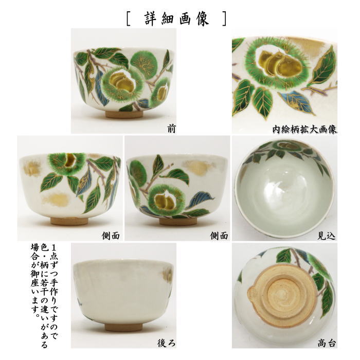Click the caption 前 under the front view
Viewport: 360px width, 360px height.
point(171,129)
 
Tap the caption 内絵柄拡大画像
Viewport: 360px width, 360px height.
point(305,129)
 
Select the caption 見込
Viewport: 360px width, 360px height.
point(327,236)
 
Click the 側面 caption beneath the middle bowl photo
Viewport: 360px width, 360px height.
point(219,236)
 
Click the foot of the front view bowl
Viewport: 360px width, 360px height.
point(124,114)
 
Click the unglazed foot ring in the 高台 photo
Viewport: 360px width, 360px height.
point(283,298)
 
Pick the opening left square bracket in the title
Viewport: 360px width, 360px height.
point(129,19)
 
